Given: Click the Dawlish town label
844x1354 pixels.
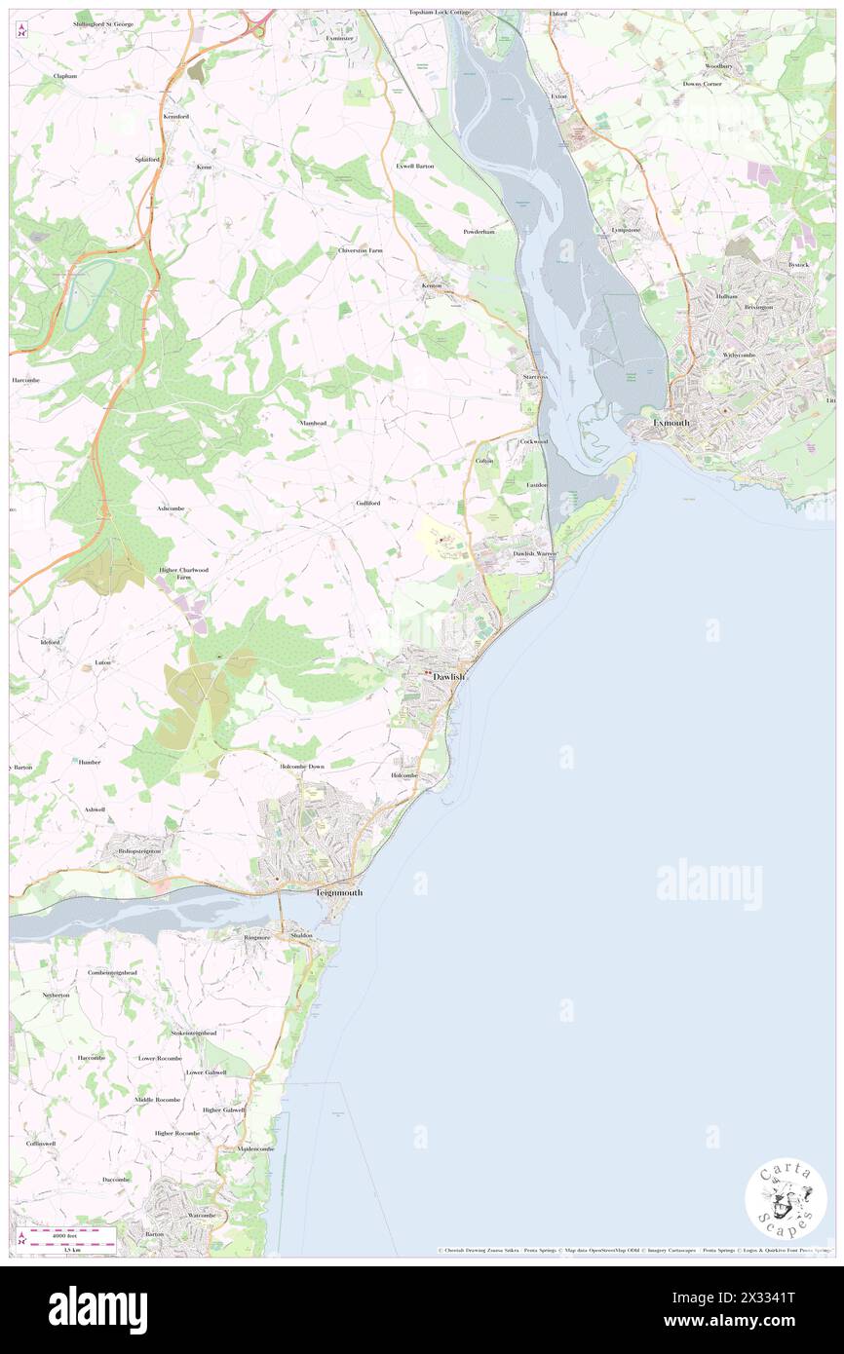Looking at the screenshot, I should pyautogui.click(x=449, y=676).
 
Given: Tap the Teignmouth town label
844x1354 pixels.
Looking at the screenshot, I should pyautogui.click(x=338, y=892).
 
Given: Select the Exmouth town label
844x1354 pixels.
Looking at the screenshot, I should pyautogui.click(x=671, y=424).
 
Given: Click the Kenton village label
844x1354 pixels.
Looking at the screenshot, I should pyautogui.click(x=432, y=285).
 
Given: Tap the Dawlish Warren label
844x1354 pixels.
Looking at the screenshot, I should pyautogui.click(x=534, y=554).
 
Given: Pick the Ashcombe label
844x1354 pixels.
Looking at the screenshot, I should pyautogui.click(x=171, y=508).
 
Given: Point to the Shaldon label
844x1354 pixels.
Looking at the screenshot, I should pyautogui.click(x=301, y=935).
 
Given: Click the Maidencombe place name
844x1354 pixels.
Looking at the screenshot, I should pyautogui.click(x=255, y=1148).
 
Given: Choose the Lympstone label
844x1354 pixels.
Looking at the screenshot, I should pyautogui.click(x=626, y=230).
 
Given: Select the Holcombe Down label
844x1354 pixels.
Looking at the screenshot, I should pyautogui.click(x=296, y=767).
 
